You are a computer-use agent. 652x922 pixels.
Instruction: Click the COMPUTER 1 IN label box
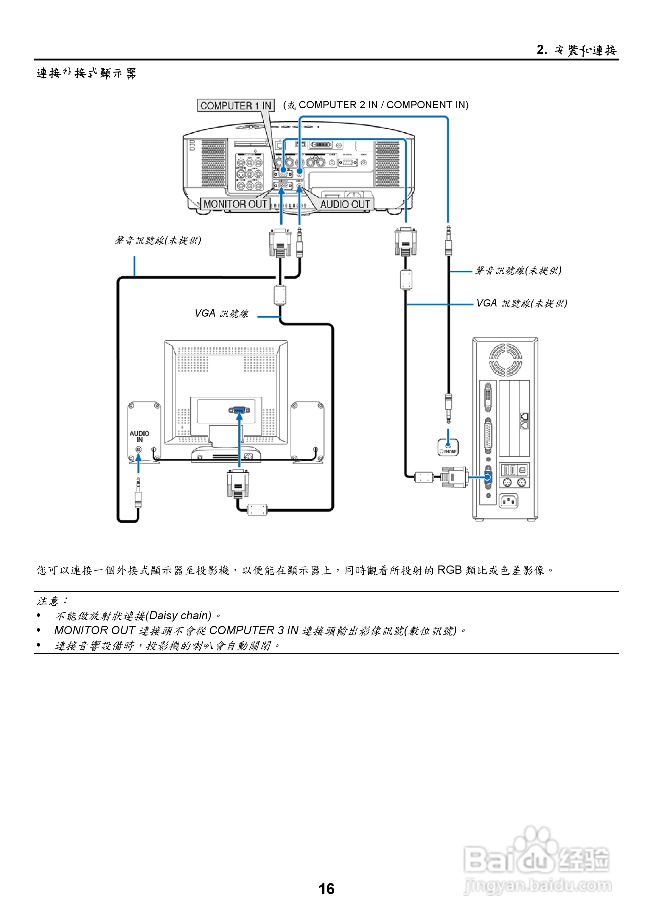tap(236, 106)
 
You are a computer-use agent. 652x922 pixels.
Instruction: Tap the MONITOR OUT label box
tap(235, 204)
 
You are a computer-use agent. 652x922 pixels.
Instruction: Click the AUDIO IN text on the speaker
tap(139, 437)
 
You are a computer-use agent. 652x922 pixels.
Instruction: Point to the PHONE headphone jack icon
tap(448, 447)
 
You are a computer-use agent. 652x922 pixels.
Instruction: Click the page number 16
tap(326, 889)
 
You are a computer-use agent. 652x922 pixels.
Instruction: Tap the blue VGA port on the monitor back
tap(239, 410)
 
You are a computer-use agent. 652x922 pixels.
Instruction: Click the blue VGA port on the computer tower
tap(488, 477)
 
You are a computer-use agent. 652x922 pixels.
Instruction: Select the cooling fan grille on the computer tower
tap(505, 360)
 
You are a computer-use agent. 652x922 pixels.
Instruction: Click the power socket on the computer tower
tap(508, 501)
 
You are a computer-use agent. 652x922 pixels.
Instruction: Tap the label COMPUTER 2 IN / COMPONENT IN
tap(383, 105)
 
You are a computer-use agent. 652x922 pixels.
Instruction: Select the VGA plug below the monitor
tap(238, 484)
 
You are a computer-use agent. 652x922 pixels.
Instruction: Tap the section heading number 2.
tap(542, 50)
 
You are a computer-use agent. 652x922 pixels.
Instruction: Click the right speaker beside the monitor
tap(308, 432)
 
